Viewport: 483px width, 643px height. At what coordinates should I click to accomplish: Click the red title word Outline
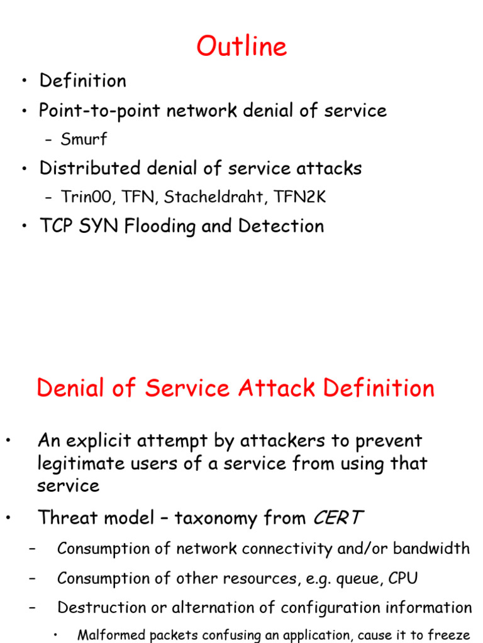click(241, 47)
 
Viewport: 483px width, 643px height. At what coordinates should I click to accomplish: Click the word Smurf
click(84, 139)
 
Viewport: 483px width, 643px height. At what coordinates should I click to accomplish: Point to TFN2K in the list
click(303, 197)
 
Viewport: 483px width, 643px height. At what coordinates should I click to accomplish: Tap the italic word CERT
click(337, 518)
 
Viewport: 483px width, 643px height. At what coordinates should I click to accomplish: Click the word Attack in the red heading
click(278, 388)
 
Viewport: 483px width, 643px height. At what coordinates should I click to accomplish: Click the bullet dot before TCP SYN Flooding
click(23, 227)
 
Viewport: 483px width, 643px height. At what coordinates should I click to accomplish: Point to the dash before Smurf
click(49, 140)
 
